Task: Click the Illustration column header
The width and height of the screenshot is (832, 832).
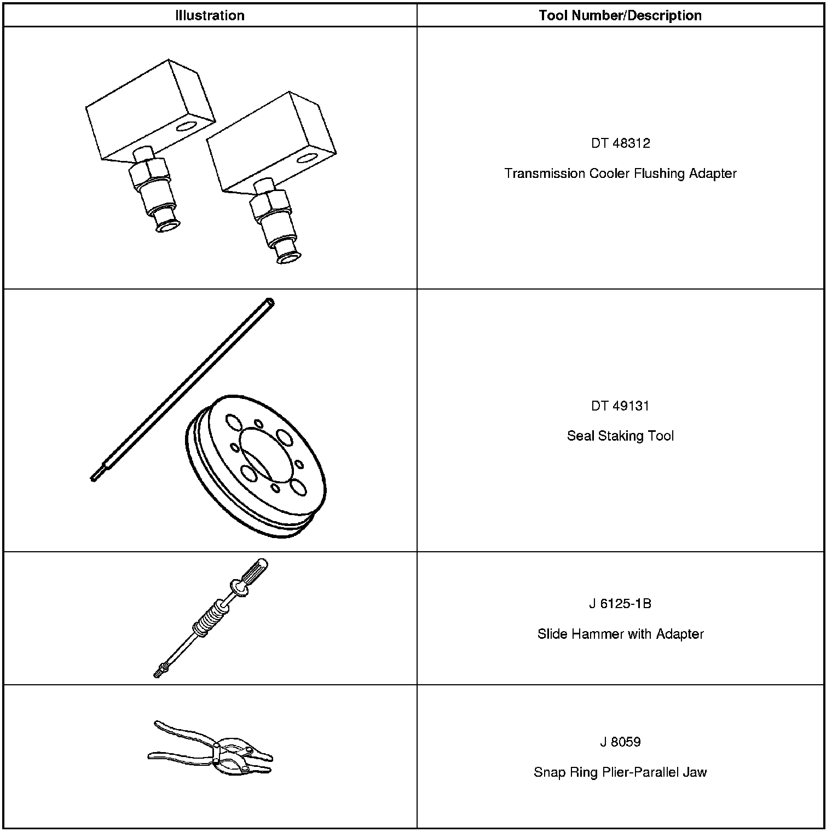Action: tap(210, 15)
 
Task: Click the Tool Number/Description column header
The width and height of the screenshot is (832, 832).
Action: tap(620, 15)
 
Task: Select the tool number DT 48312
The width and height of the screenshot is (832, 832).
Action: tap(620, 143)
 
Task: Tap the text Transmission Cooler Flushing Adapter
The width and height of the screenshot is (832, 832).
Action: tap(620, 174)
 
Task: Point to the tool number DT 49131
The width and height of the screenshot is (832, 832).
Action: tap(620, 406)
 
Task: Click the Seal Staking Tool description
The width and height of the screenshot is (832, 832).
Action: tap(620, 436)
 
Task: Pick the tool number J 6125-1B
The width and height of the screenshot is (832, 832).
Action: tap(620, 604)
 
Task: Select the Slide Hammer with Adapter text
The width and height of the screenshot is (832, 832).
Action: tap(620, 634)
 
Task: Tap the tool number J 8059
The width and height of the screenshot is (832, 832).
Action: tap(620, 742)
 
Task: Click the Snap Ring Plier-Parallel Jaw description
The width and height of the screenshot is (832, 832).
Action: tap(620, 772)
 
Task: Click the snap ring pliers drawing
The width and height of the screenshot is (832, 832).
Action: tap(211, 749)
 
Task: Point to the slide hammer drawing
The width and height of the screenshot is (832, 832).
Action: tap(211, 619)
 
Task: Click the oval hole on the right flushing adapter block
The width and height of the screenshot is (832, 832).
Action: tap(307, 159)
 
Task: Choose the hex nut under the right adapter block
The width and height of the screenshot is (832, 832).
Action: tap(269, 203)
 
